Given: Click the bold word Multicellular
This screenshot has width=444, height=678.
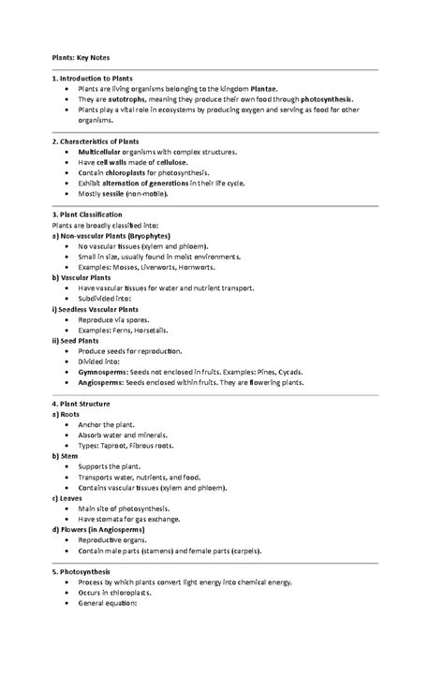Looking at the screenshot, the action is pos(107,151).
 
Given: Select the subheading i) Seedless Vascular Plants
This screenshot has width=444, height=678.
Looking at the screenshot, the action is pos(96,309).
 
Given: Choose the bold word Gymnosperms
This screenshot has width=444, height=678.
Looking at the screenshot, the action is pos(108,373).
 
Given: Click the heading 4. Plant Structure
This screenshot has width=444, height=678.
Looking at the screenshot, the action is pos(82,404).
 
